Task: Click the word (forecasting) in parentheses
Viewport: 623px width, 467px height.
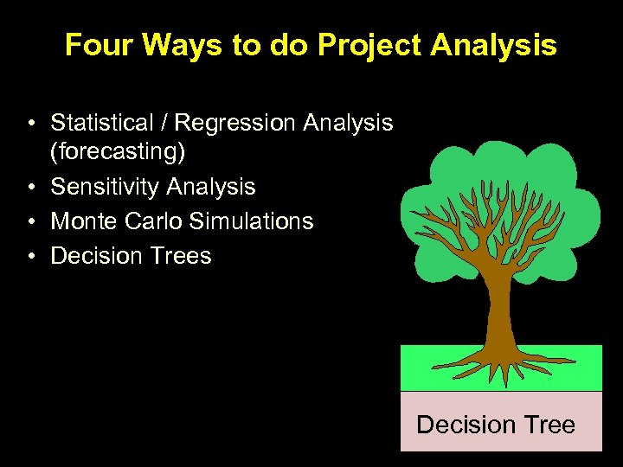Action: click(118, 153)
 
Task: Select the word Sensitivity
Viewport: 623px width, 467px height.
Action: click(106, 187)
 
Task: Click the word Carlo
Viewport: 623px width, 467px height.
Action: click(153, 221)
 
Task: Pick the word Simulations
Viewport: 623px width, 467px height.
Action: click(251, 221)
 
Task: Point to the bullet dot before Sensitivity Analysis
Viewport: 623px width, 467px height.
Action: click(30, 188)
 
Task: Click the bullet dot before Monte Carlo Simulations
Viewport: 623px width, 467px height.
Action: click(30, 222)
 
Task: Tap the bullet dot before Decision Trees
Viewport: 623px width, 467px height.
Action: click(30, 257)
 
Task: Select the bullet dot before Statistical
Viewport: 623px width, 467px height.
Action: click(30, 125)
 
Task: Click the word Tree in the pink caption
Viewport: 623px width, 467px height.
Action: click(549, 425)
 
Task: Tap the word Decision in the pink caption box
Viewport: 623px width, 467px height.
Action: click(466, 425)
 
